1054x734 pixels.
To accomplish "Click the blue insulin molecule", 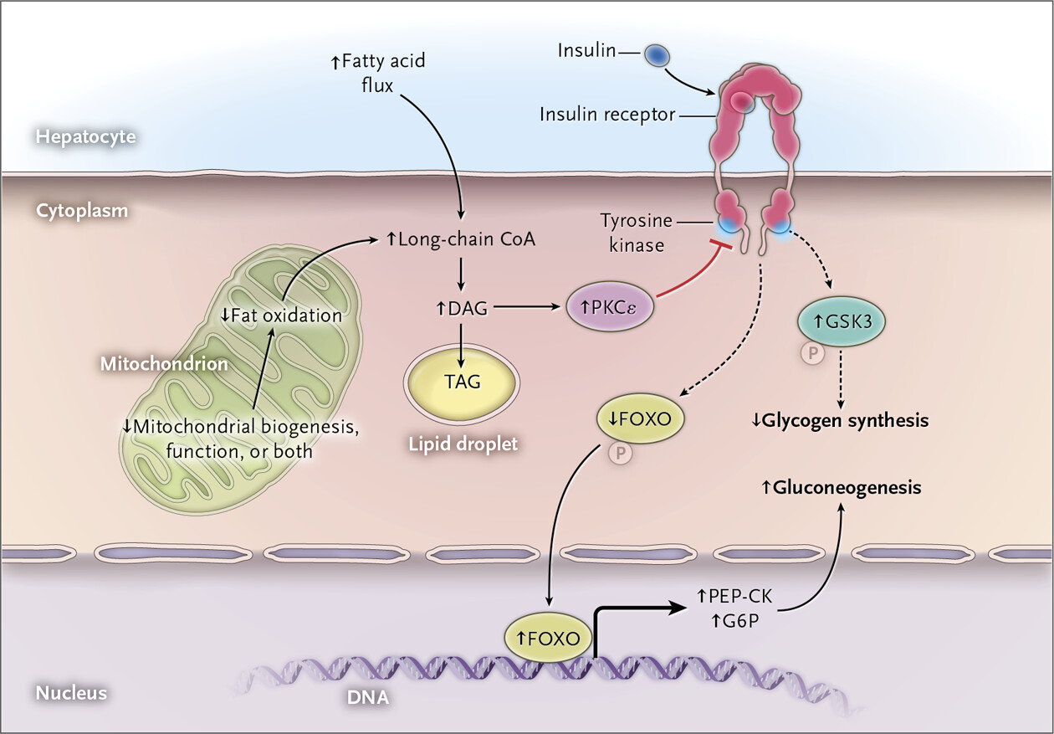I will point(657,55).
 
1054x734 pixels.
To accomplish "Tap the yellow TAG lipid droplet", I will point(461,382).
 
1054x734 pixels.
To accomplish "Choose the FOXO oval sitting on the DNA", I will point(548,639).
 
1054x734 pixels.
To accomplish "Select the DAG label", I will point(462,308).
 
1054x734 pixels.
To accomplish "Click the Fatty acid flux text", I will point(377,73).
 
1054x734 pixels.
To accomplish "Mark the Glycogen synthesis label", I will point(839,420).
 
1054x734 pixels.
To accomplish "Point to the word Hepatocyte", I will point(85,136).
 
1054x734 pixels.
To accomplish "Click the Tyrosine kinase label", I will point(636,233).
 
